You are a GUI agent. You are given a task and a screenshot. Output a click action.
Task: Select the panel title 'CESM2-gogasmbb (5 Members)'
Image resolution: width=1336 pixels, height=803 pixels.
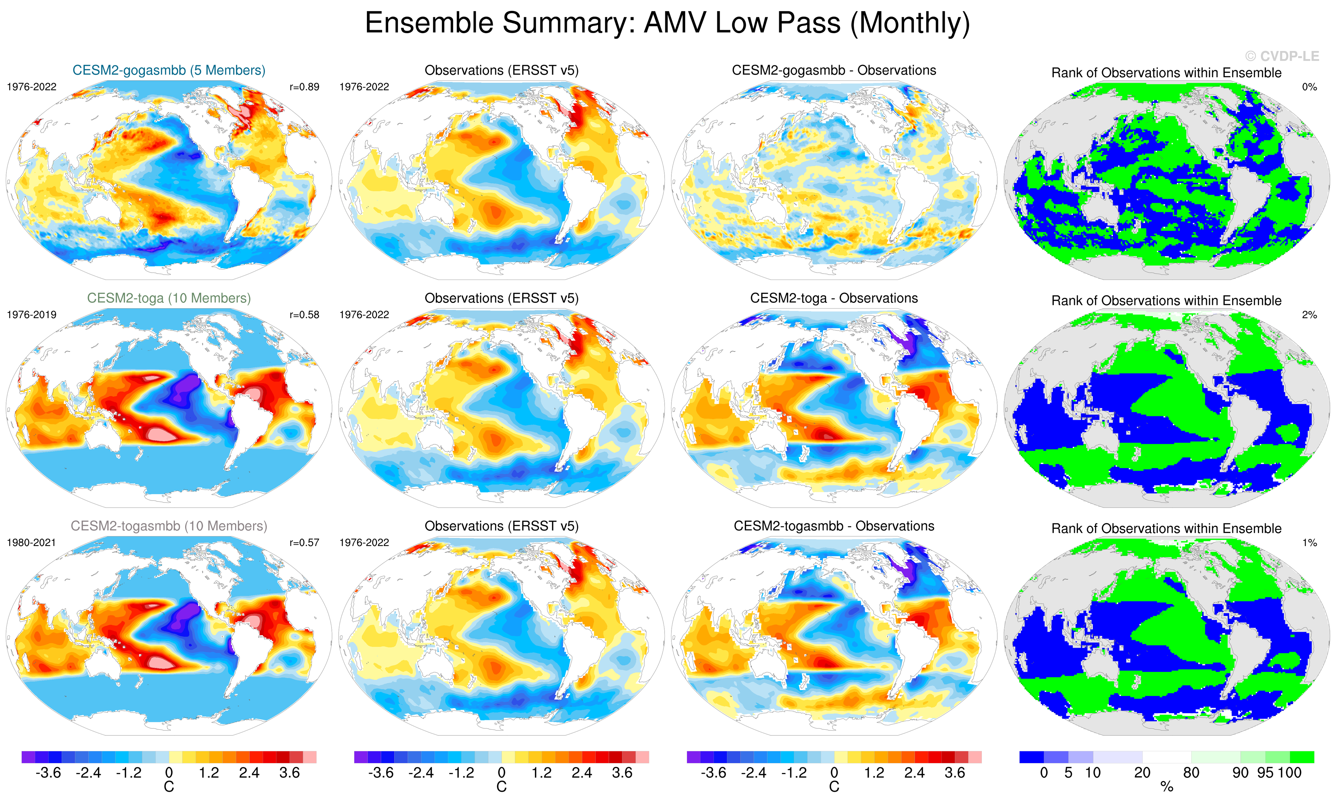click(x=169, y=70)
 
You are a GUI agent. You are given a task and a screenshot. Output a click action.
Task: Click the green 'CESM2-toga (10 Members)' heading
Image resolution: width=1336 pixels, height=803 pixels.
click(x=169, y=298)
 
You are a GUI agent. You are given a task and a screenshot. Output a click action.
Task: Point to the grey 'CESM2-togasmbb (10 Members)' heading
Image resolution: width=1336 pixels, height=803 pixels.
click(x=169, y=526)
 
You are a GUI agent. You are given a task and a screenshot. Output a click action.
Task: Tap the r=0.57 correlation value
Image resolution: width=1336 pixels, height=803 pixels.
click(x=304, y=542)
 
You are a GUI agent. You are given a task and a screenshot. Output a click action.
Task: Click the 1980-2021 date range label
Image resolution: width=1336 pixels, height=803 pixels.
click(x=31, y=542)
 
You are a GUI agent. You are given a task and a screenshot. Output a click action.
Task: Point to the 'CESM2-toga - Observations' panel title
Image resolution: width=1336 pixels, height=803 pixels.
click(x=834, y=298)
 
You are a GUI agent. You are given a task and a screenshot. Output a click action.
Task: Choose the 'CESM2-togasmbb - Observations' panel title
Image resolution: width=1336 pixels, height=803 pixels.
click(x=834, y=526)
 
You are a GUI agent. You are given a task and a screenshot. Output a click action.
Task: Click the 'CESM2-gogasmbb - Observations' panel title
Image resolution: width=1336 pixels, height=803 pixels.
click(x=834, y=70)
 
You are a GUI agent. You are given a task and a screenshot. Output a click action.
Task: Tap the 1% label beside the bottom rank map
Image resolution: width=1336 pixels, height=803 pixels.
click(x=1309, y=542)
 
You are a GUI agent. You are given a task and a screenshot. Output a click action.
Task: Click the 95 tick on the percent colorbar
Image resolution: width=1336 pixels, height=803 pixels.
click(x=1265, y=773)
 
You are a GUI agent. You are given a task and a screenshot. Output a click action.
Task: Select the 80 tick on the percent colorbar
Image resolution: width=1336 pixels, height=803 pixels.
click(x=1191, y=773)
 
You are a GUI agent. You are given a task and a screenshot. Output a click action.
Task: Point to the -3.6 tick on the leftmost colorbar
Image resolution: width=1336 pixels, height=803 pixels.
click(x=48, y=773)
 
